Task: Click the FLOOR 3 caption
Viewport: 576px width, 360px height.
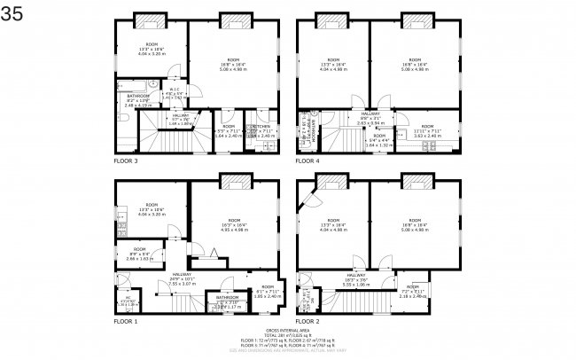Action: coord(126,162)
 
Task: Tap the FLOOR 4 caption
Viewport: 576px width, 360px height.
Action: coord(307,162)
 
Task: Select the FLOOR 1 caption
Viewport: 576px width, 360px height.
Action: coord(126,321)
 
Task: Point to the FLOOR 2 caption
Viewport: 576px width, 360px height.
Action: coord(307,321)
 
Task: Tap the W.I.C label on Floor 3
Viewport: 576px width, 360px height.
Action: coord(175,89)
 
